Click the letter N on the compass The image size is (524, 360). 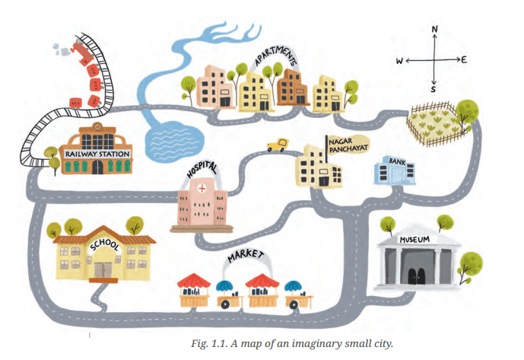434,29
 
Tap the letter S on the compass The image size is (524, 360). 433,89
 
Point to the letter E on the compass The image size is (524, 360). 464,60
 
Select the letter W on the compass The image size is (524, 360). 400,61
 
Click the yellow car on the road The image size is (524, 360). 278,145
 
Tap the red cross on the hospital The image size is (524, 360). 202,189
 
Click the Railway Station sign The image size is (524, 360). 97,155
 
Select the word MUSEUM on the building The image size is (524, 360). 414,240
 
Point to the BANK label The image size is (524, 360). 397,161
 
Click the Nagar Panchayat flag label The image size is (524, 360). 348,145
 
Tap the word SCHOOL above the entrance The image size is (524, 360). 104,245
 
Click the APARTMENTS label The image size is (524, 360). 276,56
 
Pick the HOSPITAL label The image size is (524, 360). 202,169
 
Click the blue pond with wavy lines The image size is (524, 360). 174,142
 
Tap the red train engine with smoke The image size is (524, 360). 81,52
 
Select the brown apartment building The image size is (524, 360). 291,88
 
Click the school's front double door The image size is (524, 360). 103,270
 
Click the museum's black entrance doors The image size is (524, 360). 416,277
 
